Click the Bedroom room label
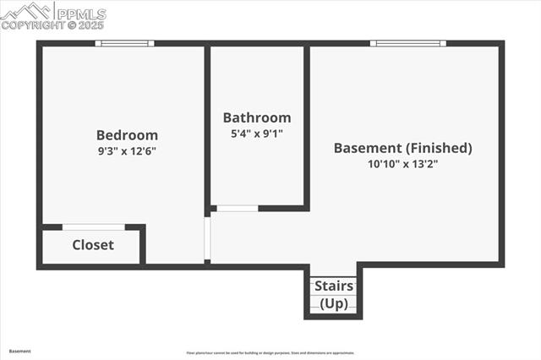coord(127,134)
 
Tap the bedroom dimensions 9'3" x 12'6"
coord(127,150)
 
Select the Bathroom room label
coord(257,117)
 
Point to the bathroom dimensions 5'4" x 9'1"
coord(257,133)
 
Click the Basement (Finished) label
coord(402,148)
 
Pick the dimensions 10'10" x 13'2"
coord(402,164)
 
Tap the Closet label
coord(93,245)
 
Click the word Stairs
coord(334,286)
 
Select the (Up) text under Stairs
coord(334,303)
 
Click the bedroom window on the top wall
coord(124,43)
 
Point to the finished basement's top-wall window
coord(408,43)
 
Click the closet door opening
coord(94,226)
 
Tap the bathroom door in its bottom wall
coord(238,208)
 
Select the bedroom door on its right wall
coord(208,240)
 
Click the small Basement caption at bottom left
coord(19,351)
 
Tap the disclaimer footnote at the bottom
coord(270,353)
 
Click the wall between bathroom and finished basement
coord(306,127)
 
